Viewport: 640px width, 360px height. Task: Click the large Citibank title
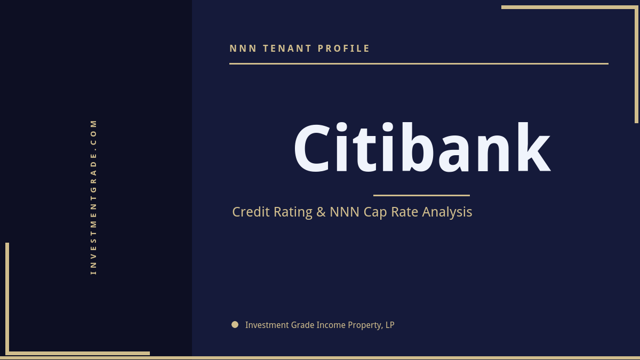pyautogui.click(x=421, y=149)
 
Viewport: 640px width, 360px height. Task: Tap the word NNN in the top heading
pyautogui.click(x=243, y=49)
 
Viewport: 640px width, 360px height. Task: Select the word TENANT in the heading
pyautogui.click(x=287, y=49)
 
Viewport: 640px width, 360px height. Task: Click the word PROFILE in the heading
pyautogui.click(x=344, y=49)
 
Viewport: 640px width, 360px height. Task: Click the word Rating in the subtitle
pyautogui.click(x=293, y=212)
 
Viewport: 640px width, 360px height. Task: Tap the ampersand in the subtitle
pyautogui.click(x=321, y=212)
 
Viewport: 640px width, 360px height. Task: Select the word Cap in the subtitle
pyautogui.click(x=375, y=212)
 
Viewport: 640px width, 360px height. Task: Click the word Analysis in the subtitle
pyautogui.click(x=447, y=212)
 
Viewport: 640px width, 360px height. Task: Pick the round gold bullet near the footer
pyautogui.click(x=235, y=324)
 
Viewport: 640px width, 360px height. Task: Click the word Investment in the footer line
pyautogui.click(x=264, y=325)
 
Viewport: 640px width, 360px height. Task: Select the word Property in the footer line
pyautogui.click(x=363, y=325)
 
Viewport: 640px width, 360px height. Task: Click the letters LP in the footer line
pyautogui.click(x=389, y=325)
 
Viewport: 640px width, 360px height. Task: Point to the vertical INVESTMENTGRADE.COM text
pyautogui.click(x=94, y=196)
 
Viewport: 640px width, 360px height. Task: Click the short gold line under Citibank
pyautogui.click(x=421, y=195)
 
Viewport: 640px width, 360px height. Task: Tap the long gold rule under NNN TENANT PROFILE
pyautogui.click(x=419, y=63)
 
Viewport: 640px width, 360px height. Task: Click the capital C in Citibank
pyautogui.click(x=314, y=149)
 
